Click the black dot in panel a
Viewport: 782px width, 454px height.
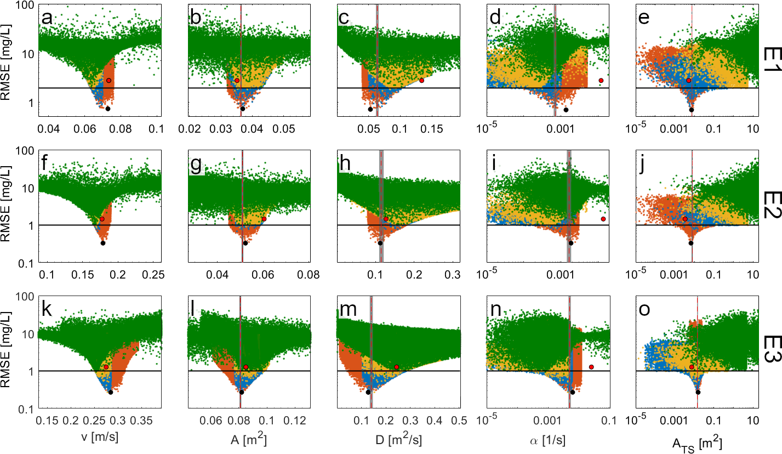point(108,109)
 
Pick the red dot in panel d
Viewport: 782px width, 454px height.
point(601,80)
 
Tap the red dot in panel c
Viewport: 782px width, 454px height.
point(421,80)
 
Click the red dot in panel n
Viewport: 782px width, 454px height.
point(592,367)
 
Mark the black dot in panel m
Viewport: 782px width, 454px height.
point(368,392)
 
